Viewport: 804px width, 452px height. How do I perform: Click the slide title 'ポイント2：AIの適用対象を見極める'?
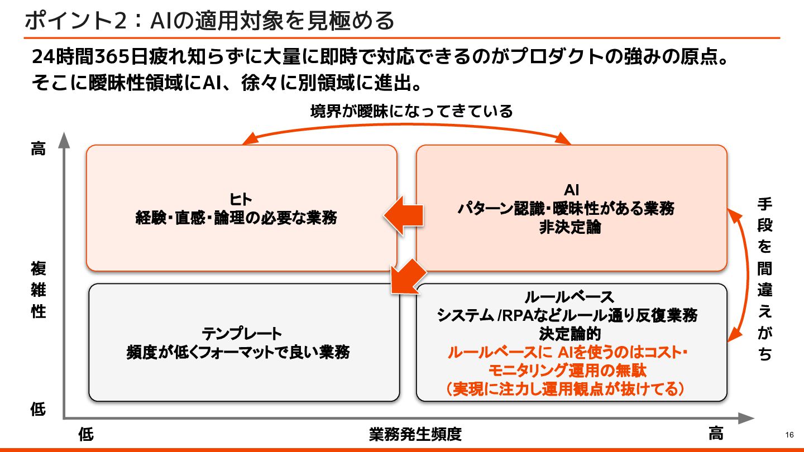pos(209,21)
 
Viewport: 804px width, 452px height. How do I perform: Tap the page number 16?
pos(789,435)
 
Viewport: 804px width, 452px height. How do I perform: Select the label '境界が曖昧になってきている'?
pos(411,112)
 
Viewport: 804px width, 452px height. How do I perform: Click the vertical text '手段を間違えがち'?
pos(764,279)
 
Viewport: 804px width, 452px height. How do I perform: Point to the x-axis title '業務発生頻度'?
pos(415,434)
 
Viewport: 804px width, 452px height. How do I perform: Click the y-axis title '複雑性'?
pos(38,290)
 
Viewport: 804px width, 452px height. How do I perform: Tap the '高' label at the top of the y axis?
pos(38,149)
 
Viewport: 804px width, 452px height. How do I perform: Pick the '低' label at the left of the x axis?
pos(86,434)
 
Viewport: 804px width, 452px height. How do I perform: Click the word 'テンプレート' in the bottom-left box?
pos(242,334)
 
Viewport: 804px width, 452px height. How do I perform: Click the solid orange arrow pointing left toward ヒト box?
pos(403,217)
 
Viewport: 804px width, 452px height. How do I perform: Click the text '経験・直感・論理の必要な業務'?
pos(236,218)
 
